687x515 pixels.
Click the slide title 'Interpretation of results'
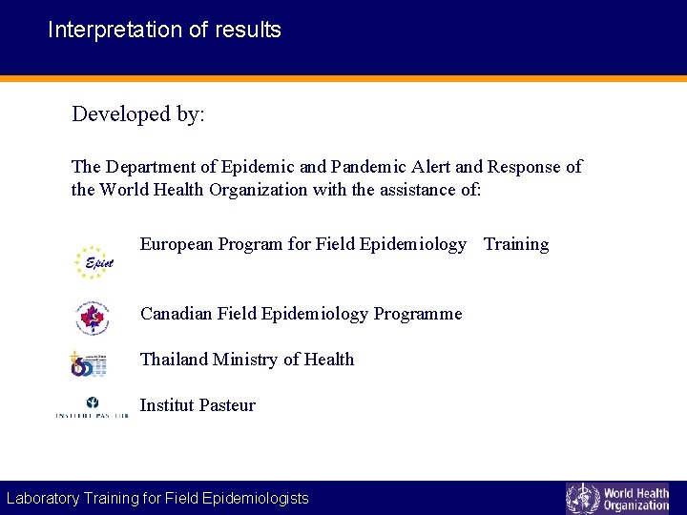(x=164, y=30)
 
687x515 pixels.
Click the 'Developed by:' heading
(x=138, y=114)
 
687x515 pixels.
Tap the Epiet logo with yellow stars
(x=93, y=262)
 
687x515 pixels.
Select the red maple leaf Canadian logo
(x=93, y=319)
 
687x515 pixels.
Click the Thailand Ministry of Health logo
(x=88, y=363)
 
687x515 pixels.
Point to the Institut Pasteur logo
(x=92, y=408)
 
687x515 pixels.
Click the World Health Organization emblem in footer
(x=582, y=498)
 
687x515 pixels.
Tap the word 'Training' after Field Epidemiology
(x=516, y=244)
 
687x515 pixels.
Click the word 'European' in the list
(x=177, y=244)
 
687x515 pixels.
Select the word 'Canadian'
(x=177, y=314)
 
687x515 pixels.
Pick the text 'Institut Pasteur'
(x=198, y=405)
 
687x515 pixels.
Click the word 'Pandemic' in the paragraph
(x=369, y=167)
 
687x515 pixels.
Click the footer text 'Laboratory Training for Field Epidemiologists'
(x=157, y=498)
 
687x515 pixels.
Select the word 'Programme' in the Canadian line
(x=418, y=314)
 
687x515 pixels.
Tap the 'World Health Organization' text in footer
(x=636, y=499)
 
